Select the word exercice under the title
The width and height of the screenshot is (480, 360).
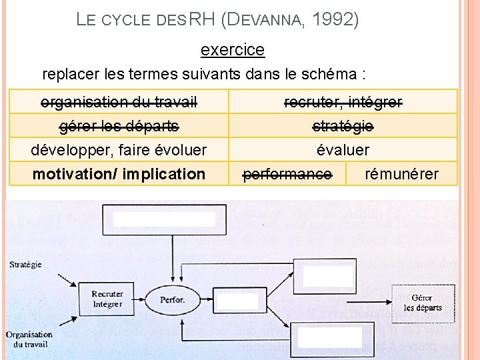(x=233, y=50)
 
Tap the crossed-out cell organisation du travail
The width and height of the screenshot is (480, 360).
(x=119, y=102)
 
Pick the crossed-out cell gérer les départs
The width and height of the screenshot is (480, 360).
(x=119, y=126)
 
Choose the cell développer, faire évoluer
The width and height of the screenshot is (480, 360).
(x=119, y=150)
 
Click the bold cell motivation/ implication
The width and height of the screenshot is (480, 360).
(x=119, y=174)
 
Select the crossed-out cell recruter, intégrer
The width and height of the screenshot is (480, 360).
(x=343, y=102)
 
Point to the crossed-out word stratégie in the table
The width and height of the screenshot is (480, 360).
(x=343, y=126)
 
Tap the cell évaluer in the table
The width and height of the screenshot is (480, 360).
(x=343, y=150)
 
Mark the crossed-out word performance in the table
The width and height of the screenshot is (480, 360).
(x=287, y=174)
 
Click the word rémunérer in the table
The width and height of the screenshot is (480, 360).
(x=402, y=174)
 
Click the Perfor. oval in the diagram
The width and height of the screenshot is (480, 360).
(x=173, y=299)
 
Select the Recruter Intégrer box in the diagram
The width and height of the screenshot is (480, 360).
(x=107, y=299)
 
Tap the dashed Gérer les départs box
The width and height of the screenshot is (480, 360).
(x=423, y=303)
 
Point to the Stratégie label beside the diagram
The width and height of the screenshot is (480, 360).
(x=26, y=265)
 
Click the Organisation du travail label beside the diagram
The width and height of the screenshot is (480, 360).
(x=29, y=339)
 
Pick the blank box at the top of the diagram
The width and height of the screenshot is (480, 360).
(x=163, y=219)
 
